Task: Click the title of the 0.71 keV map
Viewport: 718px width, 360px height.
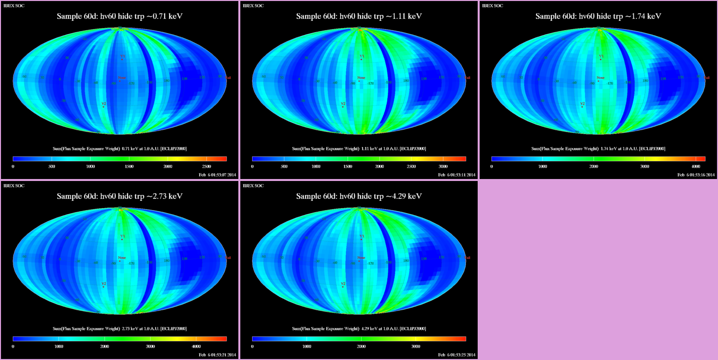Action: point(120,16)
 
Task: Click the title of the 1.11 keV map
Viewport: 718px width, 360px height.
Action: point(359,16)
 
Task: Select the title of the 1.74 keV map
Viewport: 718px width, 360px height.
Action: point(598,16)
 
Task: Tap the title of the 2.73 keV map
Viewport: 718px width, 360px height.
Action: point(120,196)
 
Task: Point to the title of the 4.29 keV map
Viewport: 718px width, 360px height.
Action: point(359,196)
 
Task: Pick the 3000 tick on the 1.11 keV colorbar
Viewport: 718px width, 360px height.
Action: point(443,167)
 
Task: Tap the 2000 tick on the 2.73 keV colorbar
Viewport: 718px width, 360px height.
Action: point(104,347)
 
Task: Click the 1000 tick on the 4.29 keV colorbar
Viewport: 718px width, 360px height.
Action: point(307,347)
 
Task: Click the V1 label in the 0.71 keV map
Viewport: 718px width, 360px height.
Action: point(122,56)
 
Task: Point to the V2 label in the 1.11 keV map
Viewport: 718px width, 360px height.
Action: point(343,104)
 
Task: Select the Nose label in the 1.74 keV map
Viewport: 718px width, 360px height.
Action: point(600,78)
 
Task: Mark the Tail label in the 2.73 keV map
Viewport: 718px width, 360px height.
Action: point(228,258)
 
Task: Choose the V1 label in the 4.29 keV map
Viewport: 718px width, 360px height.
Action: point(361,236)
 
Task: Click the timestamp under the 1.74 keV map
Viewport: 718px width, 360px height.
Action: point(696,175)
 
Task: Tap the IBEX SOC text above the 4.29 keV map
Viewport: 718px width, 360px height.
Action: point(253,186)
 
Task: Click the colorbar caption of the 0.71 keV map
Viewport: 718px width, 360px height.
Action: point(120,148)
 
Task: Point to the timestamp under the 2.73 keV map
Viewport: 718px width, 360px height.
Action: point(217,355)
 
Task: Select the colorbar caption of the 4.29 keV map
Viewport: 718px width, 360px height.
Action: point(359,328)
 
